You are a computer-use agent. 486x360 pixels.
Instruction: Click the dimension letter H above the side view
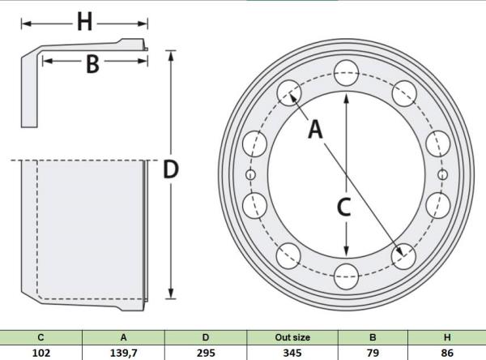[x=84, y=23]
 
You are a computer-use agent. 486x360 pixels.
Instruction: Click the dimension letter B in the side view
[x=92, y=64]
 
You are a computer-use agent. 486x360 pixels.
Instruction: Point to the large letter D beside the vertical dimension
[x=171, y=169]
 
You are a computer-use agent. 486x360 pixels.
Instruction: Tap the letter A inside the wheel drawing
[x=316, y=129]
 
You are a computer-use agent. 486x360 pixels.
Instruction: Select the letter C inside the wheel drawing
[x=344, y=207]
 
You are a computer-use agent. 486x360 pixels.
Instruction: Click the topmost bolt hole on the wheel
[x=347, y=73]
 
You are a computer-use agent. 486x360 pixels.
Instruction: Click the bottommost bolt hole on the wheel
[x=347, y=276]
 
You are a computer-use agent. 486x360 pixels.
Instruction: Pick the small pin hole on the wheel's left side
[x=250, y=174]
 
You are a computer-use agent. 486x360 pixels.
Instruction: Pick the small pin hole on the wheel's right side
[x=443, y=174]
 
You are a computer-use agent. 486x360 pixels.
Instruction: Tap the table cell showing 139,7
[x=123, y=353]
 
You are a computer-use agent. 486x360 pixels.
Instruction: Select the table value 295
[x=206, y=353]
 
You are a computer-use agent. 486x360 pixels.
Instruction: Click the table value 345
[x=292, y=353]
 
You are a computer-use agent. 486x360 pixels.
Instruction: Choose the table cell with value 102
[x=41, y=353]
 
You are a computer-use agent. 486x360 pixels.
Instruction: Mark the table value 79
[x=373, y=353]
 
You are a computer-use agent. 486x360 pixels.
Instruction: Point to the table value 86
[x=447, y=353]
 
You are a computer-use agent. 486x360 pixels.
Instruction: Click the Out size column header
[x=292, y=337]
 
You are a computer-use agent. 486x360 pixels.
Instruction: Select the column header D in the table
[x=206, y=337]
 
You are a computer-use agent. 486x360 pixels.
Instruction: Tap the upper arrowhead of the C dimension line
[x=347, y=98]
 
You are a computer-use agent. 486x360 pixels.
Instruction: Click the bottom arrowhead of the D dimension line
[x=171, y=294]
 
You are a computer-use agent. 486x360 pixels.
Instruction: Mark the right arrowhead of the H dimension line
[x=143, y=24]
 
